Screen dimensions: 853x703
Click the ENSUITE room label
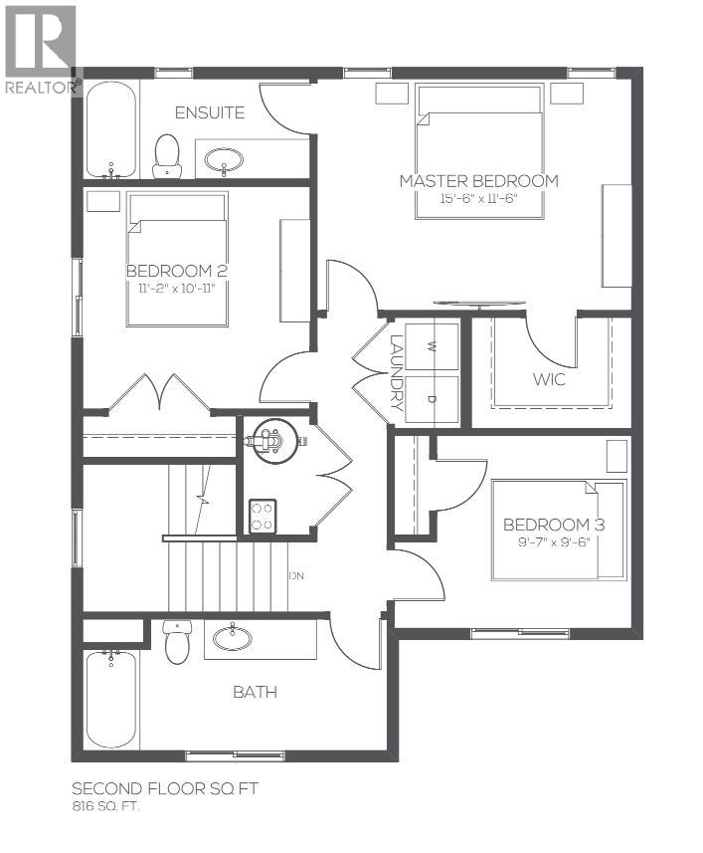(209, 112)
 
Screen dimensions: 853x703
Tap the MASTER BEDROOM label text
(478, 181)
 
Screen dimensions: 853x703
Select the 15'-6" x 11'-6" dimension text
(478, 198)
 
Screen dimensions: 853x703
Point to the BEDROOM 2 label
(171, 271)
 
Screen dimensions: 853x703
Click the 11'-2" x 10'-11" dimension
(176, 288)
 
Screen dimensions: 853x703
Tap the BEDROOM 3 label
(554, 525)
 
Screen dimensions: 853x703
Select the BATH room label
(255, 692)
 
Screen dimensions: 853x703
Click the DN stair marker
(295, 576)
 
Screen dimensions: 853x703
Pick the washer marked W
(432, 346)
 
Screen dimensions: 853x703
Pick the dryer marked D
(432, 399)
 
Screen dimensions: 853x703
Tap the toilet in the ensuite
(167, 156)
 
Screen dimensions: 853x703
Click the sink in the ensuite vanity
(228, 157)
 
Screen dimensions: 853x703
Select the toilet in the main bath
(177, 642)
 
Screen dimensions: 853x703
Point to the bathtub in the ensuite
(108, 129)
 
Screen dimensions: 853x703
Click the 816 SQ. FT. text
(105, 807)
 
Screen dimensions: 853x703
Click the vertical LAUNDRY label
(397, 372)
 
